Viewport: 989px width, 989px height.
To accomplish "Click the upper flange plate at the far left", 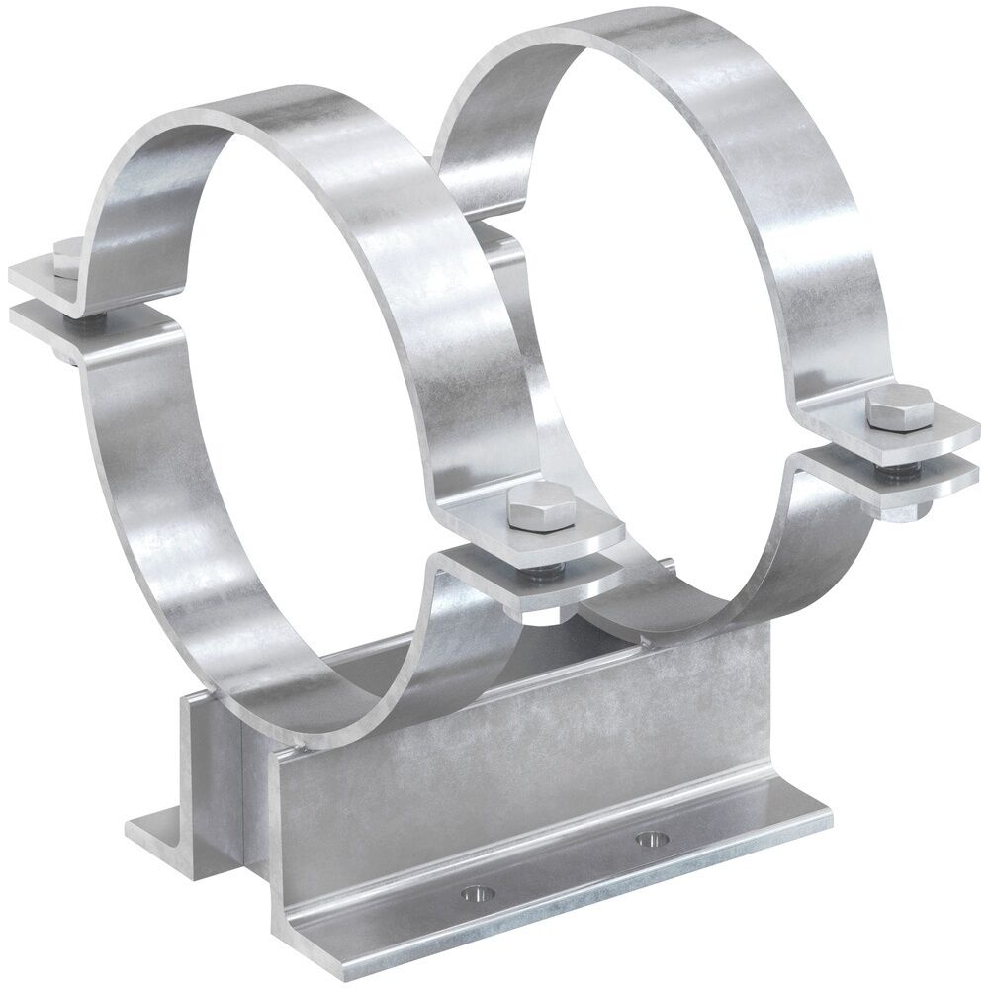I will coord(40,271).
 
